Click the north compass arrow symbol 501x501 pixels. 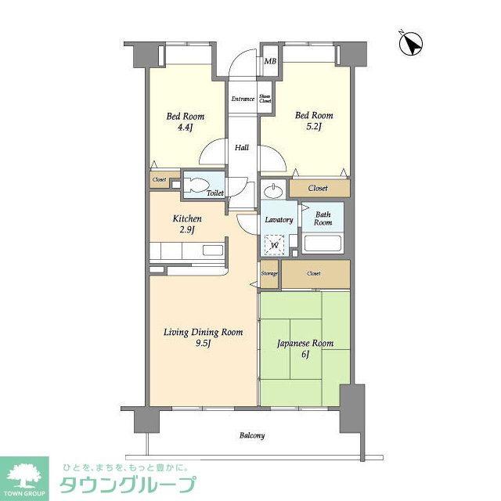click(x=409, y=43)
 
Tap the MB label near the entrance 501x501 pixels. click(x=270, y=61)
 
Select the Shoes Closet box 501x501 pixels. click(x=265, y=98)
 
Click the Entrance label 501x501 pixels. click(x=242, y=99)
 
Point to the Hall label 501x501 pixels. click(x=243, y=146)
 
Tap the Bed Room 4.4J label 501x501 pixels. click(x=185, y=123)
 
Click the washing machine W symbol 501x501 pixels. click(x=275, y=246)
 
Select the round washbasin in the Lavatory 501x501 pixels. click(x=274, y=192)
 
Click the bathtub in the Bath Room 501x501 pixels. click(x=323, y=243)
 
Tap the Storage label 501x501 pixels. click(x=269, y=273)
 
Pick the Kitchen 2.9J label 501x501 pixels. click(x=188, y=225)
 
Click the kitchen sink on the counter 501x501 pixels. click(x=212, y=251)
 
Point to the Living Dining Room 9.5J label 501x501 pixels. click(x=203, y=338)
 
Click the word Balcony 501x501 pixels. click(x=251, y=435)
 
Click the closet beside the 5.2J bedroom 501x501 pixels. click(x=318, y=189)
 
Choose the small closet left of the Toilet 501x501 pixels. click(x=159, y=179)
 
